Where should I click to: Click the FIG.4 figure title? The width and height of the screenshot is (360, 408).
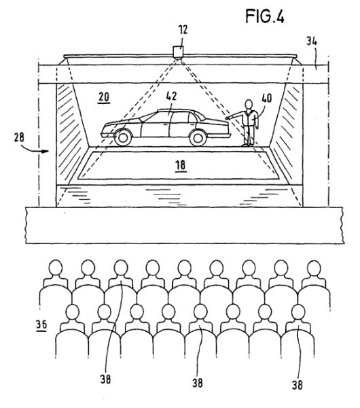coord(265,16)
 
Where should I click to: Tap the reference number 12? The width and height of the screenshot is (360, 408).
coord(183,30)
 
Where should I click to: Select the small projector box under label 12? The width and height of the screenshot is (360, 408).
coord(179,51)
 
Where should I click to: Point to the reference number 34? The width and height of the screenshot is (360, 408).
coord(311,41)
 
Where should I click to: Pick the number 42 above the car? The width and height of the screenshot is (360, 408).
coord(171,96)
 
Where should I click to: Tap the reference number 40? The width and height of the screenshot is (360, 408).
coord(267,98)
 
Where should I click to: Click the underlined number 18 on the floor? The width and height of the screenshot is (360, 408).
coord(181,165)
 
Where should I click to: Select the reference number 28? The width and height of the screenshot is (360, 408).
coord(19,137)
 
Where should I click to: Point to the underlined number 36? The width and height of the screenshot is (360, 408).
coord(41,325)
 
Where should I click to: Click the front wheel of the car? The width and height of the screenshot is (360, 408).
coord(123,137)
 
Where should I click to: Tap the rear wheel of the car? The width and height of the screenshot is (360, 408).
coord(198,137)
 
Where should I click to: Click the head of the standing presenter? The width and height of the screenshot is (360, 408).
coord(249,104)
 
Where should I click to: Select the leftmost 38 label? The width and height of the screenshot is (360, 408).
coord(105,379)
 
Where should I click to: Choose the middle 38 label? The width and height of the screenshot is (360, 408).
coord(198,383)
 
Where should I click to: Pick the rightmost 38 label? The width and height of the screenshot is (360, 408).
coord(298,385)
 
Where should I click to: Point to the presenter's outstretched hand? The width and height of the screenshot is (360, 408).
coord(227,118)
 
